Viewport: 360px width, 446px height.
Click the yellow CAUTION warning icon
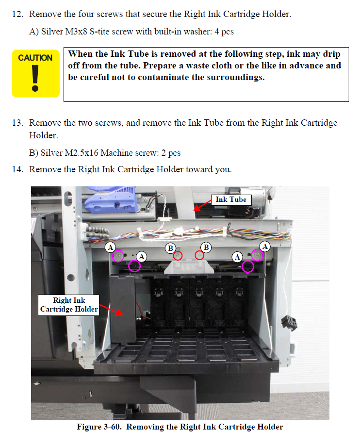[35, 74]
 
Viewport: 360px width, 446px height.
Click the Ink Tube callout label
[231, 199]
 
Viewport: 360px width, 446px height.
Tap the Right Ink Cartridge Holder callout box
[69, 305]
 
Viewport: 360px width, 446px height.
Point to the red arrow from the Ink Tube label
[202, 206]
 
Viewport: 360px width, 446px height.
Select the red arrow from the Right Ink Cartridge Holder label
[111, 310]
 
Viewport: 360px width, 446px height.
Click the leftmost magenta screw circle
[118, 256]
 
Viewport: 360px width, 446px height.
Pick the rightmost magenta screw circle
[257, 255]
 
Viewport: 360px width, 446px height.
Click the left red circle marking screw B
[178, 256]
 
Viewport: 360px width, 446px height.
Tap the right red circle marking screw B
[199, 255]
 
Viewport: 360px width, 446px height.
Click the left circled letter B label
[171, 248]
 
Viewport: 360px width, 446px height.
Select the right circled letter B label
[206, 247]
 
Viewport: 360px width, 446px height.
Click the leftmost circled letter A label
[110, 247]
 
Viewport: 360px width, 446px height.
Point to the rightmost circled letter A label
[265, 247]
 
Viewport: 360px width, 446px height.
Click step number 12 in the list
[17, 14]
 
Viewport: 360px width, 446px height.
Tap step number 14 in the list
[17, 169]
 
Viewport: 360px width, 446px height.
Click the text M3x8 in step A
[76, 32]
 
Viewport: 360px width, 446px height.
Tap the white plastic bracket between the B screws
[189, 267]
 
